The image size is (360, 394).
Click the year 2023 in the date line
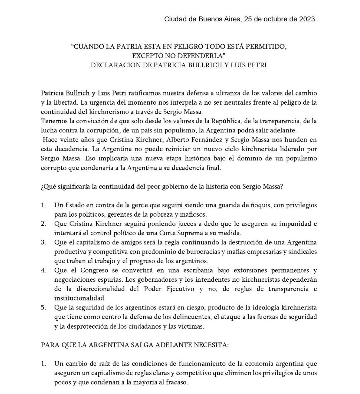pos(307,19)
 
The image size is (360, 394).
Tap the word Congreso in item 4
pos(85,271)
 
